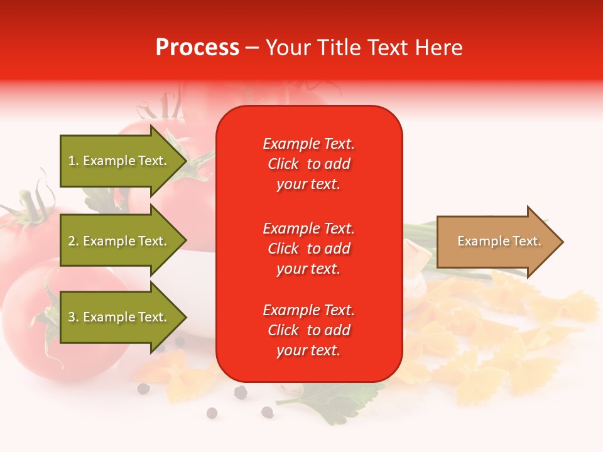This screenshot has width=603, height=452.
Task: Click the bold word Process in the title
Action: [x=197, y=48]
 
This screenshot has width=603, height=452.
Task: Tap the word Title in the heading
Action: [x=339, y=48]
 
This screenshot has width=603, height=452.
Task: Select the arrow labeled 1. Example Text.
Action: [x=119, y=161]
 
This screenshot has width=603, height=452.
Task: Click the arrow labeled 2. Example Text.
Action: [x=119, y=241]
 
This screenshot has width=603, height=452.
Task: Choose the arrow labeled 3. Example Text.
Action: [x=119, y=317]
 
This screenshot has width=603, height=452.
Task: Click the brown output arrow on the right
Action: [x=496, y=242]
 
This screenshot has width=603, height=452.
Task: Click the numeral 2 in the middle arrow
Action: [x=72, y=241]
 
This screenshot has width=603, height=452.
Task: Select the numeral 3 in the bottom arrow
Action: [x=72, y=317]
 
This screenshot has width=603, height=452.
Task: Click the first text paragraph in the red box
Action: [x=308, y=164]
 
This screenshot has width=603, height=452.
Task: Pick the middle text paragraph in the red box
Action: [x=308, y=249]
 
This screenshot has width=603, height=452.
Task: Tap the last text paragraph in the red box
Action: [x=308, y=330]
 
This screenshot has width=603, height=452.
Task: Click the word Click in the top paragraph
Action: [x=283, y=164]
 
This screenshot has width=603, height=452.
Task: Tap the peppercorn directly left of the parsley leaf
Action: [x=267, y=412]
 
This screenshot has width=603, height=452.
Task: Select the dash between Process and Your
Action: [x=252, y=48]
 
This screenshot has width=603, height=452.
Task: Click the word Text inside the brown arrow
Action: [x=519, y=241]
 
